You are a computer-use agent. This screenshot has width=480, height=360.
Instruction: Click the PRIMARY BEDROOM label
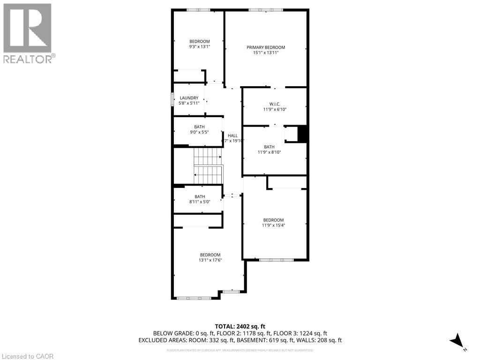(x=266, y=47)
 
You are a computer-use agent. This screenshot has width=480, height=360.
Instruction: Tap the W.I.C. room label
(x=275, y=104)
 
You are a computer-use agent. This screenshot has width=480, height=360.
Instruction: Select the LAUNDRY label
(x=189, y=98)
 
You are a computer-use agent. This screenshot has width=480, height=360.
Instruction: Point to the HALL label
(x=232, y=135)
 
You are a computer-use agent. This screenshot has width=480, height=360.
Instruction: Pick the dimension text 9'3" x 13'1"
(x=199, y=47)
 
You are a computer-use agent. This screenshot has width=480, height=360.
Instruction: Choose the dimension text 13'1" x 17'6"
(x=210, y=260)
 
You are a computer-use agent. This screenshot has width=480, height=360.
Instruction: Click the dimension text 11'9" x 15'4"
(x=273, y=225)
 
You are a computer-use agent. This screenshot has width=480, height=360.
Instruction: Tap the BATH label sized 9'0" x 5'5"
(x=199, y=127)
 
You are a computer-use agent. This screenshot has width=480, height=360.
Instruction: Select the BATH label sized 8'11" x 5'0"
(x=200, y=196)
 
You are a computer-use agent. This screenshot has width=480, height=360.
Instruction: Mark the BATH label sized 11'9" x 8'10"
(x=269, y=147)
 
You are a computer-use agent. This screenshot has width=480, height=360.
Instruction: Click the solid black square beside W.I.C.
(x=302, y=134)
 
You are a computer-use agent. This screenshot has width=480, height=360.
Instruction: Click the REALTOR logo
(x=28, y=33)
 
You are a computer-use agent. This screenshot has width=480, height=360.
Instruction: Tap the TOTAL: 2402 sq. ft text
(x=240, y=326)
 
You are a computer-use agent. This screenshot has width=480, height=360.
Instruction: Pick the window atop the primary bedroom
(x=265, y=10)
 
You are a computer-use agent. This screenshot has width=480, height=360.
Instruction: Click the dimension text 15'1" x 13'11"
(x=266, y=53)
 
